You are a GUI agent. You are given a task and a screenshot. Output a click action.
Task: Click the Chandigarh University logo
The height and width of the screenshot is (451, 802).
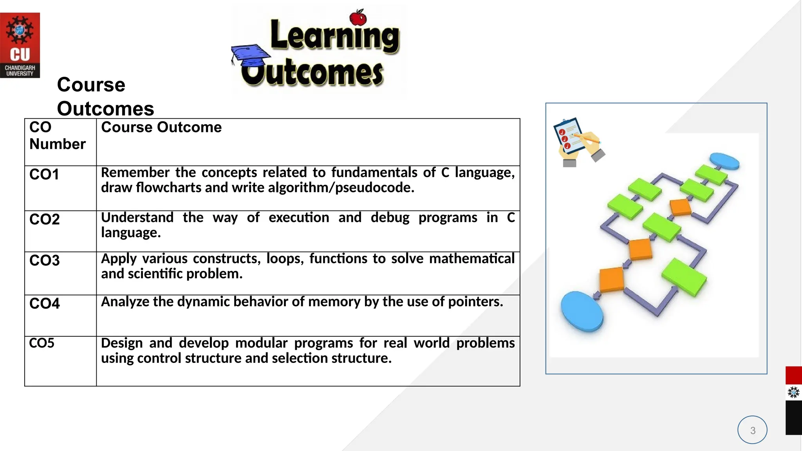(20, 45)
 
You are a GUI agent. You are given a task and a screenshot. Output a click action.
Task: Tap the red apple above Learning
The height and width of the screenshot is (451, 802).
(358, 18)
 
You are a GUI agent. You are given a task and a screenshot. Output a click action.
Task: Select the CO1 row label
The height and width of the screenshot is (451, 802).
(44, 175)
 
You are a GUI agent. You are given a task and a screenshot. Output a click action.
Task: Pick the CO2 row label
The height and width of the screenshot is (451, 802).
(45, 219)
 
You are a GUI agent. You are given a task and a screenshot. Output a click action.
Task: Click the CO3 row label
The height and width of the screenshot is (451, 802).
(45, 260)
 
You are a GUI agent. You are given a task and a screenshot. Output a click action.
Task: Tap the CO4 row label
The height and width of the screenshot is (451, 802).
(45, 303)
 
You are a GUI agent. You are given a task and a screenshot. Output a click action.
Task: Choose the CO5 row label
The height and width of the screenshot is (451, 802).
(42, 343)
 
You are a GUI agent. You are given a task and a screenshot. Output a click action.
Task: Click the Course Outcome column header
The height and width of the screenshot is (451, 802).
(161, 127)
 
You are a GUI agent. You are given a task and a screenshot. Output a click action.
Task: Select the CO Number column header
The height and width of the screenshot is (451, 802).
(57, 135)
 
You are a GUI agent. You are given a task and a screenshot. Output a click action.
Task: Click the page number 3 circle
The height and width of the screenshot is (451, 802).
(752, 430)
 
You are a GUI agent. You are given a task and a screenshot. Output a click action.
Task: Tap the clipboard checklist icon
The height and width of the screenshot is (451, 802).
(577, 141)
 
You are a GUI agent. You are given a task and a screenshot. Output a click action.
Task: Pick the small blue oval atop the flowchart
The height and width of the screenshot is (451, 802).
(724, 161)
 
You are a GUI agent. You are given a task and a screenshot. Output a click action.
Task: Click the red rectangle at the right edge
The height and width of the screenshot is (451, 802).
(793, 375)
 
